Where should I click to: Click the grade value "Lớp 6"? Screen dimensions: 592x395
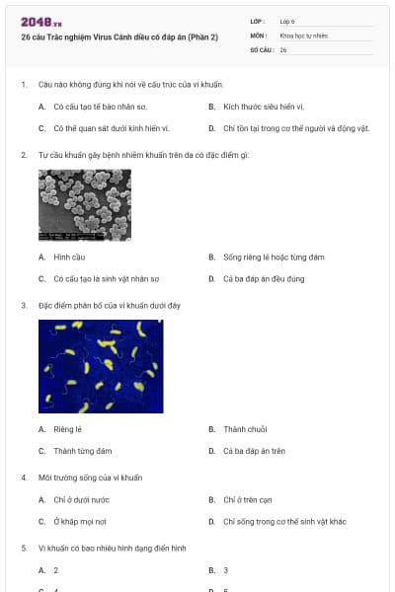(x=287, y=20)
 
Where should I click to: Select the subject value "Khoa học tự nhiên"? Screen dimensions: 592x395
(x=303, y=36)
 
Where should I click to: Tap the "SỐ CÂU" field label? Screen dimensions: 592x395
(x=260, y=49)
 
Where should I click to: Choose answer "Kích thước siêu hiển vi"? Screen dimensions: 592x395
(x=263, y=106)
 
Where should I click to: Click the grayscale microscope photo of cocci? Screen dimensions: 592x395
(x=84, y=205)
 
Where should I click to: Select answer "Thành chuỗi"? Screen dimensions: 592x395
(x=246, y=429)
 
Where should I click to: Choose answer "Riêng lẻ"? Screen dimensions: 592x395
(x=67, y=429)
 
